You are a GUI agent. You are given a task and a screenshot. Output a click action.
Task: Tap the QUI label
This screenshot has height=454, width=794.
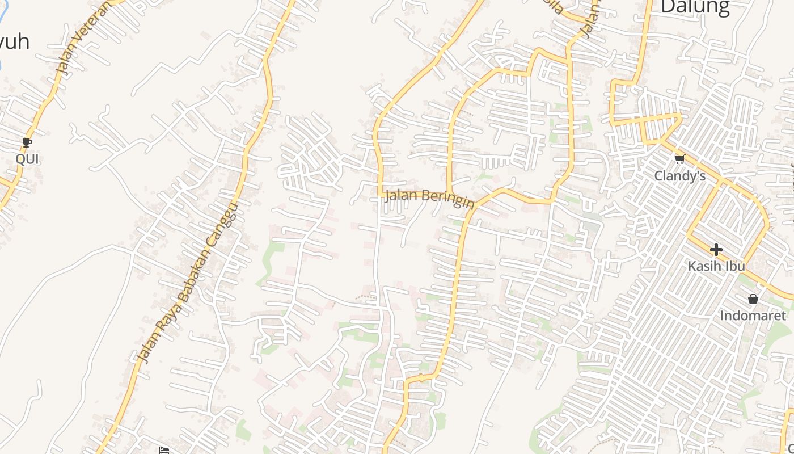tap(27, 159)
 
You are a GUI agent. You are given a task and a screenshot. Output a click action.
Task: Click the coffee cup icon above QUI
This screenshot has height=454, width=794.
tap(27, 142)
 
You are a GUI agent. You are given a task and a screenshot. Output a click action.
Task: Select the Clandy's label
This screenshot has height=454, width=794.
tap(680, 176)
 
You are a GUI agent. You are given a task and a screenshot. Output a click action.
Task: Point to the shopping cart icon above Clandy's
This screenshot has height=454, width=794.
tap(679, 158)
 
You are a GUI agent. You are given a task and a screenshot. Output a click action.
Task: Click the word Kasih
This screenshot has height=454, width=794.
tap(704, 266)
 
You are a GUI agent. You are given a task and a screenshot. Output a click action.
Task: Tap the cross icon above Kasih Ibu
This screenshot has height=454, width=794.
tap(716, 249)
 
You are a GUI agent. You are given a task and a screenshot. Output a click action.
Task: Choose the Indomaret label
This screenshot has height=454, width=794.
tap(753, 316)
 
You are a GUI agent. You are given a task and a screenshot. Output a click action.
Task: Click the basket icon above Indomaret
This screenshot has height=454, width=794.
tap(753, 299)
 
